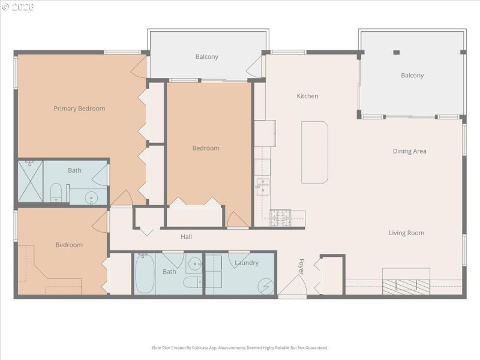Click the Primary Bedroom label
pyautogui.click(x=79, y=109)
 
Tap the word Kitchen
pyautogui.click(x=307, y=96)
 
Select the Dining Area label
pyautogui.click(x=409, y=151)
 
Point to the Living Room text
pyautogui.click(x=406, y=233)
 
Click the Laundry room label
pyautogui.click(x=247, y=263)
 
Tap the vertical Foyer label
pyautogui.click(x=301, y=266)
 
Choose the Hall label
pyautogui.click(x=186, y=237)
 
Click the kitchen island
pyautogui.click(x=314, y=152)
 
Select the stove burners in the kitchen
pyautogui.click(x=280, y=217)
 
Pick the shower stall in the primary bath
pyautogui.click(x=30, y=182)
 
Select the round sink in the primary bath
pyautogui.click(x=91, y=196)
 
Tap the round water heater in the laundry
pyautogui.click(x=265, y=286)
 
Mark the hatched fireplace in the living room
pyautogui.click(x=406, y=286)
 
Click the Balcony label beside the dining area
pyautogui.click(x=412, y=76)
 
